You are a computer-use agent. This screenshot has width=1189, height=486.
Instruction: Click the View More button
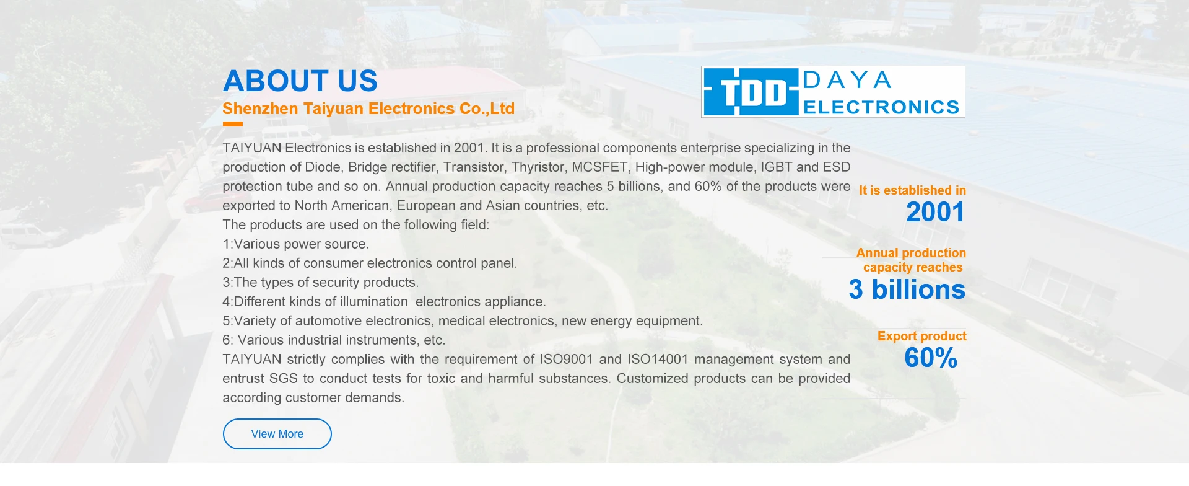277,434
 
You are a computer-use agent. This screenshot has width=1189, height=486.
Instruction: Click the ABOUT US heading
300,81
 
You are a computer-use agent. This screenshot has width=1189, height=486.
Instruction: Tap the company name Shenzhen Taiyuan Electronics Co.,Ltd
368,109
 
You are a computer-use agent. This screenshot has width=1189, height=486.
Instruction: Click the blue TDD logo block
751,92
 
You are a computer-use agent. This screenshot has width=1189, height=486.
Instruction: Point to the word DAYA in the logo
847,80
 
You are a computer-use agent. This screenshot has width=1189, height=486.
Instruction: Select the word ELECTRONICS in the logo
881,107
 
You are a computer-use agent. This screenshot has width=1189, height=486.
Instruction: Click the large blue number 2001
935,212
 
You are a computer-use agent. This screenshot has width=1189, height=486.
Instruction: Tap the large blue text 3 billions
907,289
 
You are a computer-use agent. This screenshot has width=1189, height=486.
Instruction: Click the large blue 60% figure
931,358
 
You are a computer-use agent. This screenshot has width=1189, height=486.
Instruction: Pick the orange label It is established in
912,190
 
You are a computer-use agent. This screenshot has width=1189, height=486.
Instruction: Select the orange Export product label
921,336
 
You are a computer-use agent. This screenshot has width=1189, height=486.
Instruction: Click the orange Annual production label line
911,253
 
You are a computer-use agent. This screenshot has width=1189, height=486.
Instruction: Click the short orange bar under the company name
233,124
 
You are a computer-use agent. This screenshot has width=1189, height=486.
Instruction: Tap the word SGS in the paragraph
283,379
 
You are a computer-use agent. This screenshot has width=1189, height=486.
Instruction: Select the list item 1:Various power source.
296,244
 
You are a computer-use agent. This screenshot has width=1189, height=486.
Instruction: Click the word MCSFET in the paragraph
599,167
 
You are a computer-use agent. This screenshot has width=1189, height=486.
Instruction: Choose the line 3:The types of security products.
321,283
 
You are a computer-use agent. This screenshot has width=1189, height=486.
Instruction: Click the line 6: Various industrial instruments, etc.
334,340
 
